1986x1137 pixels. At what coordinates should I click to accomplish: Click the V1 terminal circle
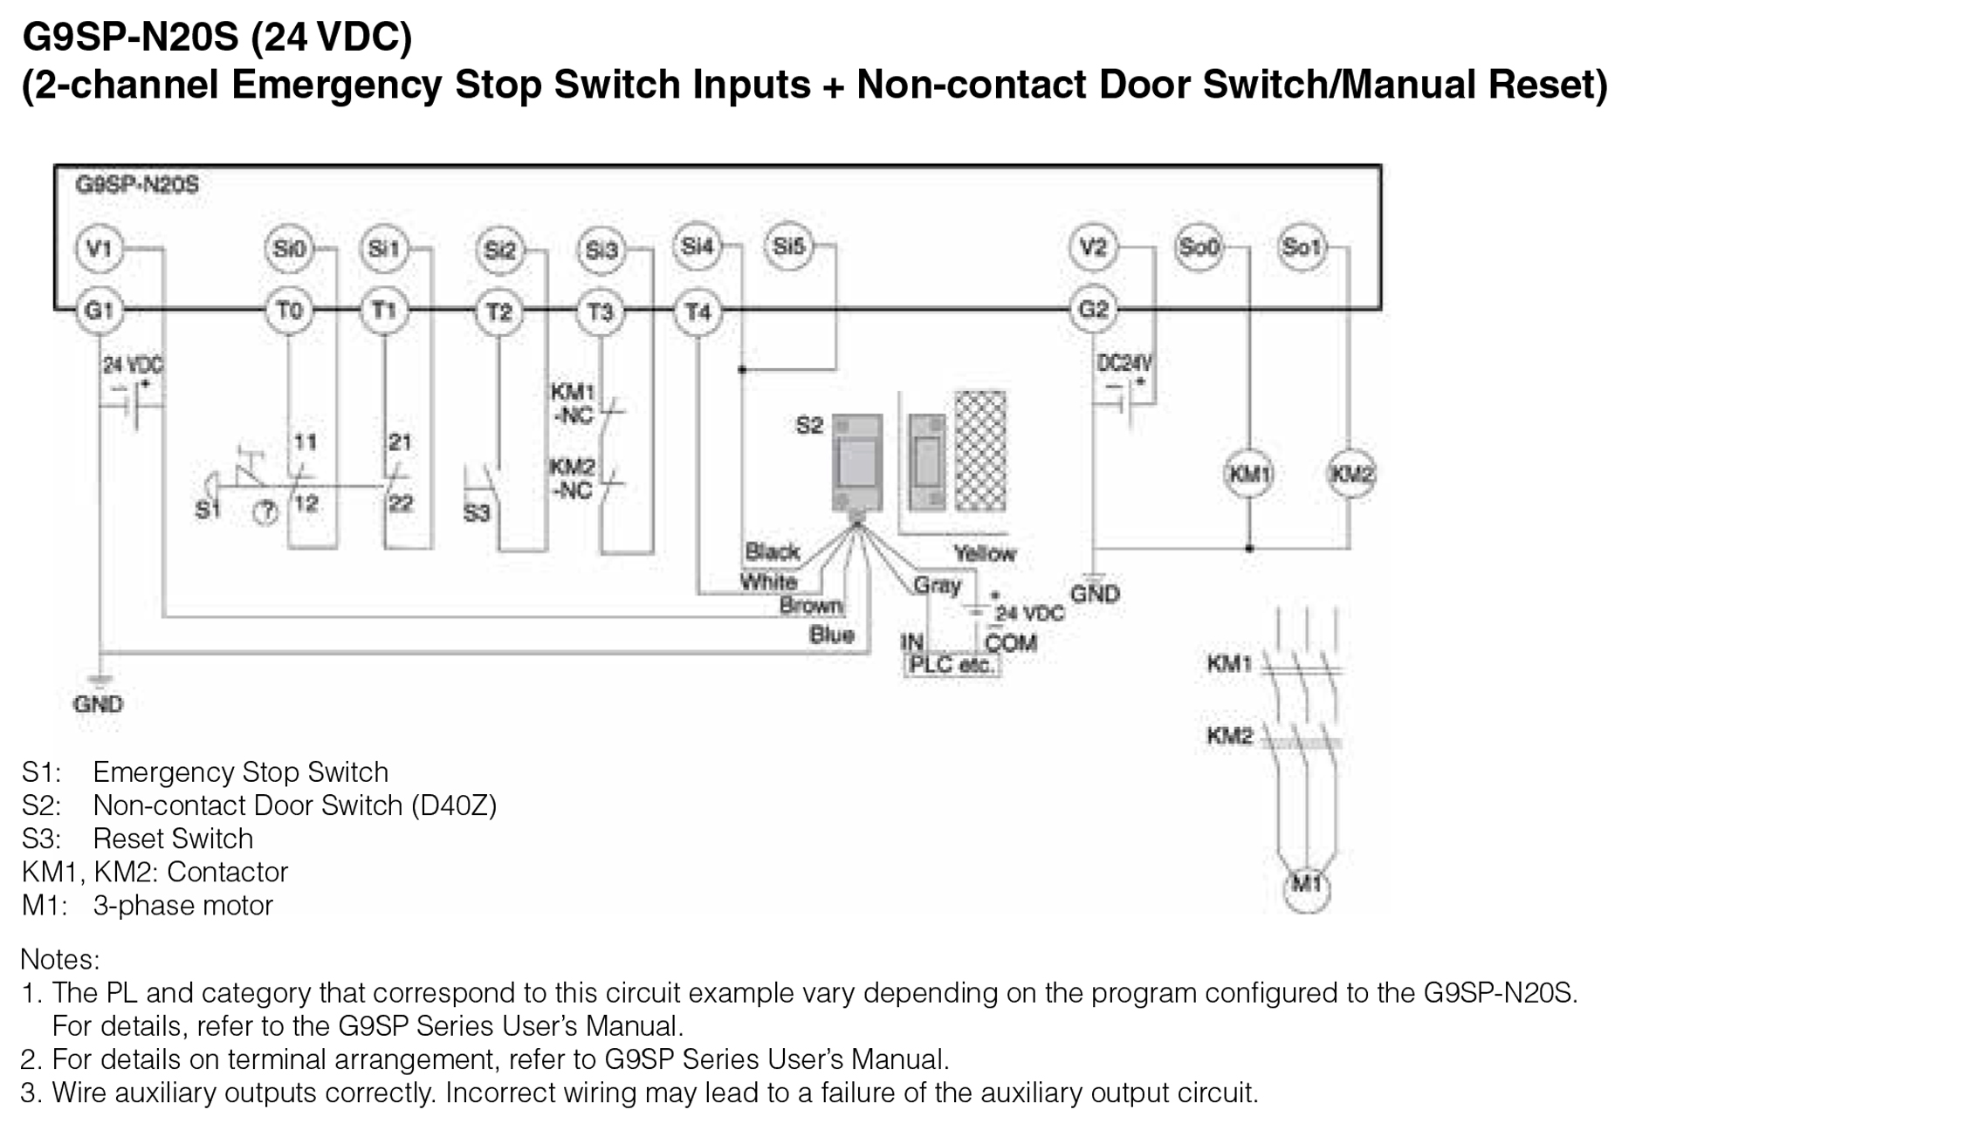click(x=100, y=249)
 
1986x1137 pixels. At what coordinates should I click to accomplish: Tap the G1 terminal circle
click(x=100, y=311)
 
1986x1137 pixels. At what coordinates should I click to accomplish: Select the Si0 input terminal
click(x=289, y=249)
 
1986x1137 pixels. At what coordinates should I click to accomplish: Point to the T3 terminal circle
click(x=601, y=312)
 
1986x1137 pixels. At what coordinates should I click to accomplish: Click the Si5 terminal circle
click(x=788, y=247)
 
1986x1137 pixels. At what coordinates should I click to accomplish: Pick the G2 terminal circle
click(x=1093, y=310)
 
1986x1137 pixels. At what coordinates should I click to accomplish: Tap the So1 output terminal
click(x=1301, y=248)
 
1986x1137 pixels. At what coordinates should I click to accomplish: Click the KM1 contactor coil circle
click(x=1248, y=475)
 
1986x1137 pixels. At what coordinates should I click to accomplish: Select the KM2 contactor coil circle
click(x=1350, y=475)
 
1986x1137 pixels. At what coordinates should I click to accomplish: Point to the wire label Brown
click(x=811, y=606)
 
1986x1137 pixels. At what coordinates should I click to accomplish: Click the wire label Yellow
click(x=985, y=553)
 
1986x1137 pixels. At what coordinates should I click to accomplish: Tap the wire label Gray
click(x=937, y=585)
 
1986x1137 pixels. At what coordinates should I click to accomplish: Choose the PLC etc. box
click(x=951, y=665)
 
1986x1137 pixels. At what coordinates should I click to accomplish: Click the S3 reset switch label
click(x=477, y=513)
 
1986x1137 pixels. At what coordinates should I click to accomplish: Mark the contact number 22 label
click(x=401, y=503)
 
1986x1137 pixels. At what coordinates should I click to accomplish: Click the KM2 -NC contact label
click(x=572, y=479)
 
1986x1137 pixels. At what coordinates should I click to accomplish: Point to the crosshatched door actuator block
click(x=980, y=451)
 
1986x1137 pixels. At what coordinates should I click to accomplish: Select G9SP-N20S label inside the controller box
click(x=137, y=185)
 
